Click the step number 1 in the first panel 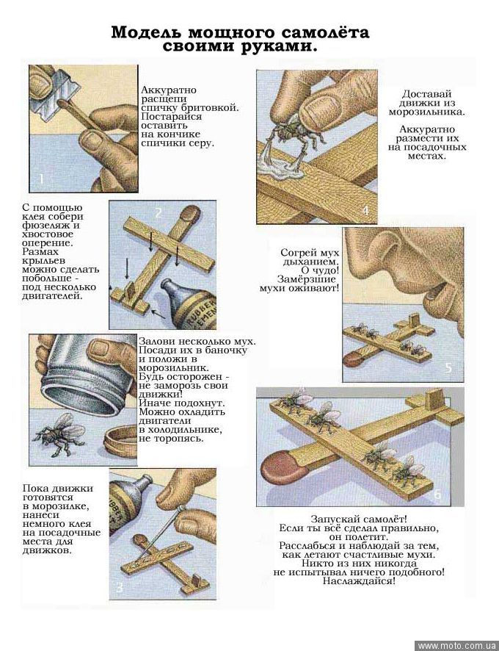tap(41, 179)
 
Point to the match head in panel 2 tap(191, 213)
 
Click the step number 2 tap(158, 212)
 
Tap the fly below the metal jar tap(61, 434)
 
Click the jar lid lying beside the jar tap(120, 442)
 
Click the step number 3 tap(120, 588)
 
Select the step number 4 tap(365, 211)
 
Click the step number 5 tap(448, 368)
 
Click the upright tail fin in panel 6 tap(434, 400)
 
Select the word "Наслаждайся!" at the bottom tap(360, 581)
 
